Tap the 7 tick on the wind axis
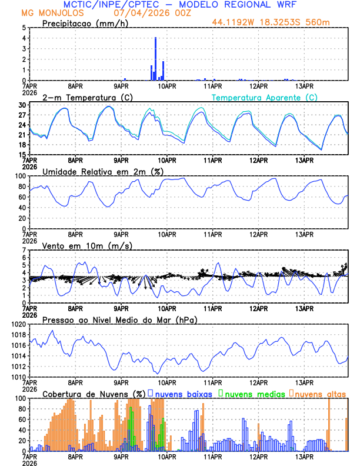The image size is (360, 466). (24, 250)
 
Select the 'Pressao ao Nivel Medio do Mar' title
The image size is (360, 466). (119, 319)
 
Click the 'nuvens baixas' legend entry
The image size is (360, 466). (179, 394)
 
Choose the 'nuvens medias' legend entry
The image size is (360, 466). (249, 394)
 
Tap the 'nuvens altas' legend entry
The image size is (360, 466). (320, 394)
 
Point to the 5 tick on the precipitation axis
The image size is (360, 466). (24, 28)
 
